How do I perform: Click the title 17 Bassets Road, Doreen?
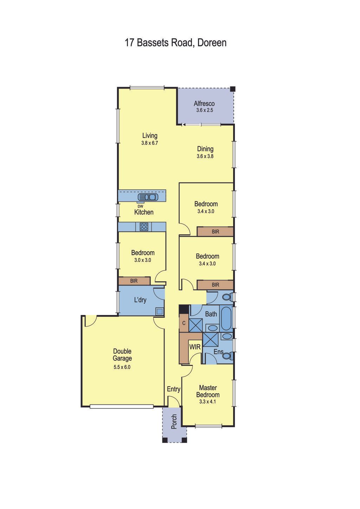point(175,43)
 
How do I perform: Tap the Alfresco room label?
point(204,104)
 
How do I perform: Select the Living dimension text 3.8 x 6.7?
point(149,143)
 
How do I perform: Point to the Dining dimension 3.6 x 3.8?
point(205,156)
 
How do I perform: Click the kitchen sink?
point(148,197)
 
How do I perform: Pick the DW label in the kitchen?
point(141,206)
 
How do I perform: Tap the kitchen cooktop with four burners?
point(144,226)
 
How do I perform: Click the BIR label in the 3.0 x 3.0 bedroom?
point(134,281)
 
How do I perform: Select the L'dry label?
point(140,300)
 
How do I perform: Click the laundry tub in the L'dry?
point(160,311)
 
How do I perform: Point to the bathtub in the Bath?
point(226,318)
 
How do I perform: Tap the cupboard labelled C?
point(184,323)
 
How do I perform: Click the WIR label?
point(195,347)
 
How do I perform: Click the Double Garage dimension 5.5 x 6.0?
point(122,367)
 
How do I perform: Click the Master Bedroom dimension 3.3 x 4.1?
point(207,401)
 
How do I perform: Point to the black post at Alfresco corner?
point(232,89)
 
